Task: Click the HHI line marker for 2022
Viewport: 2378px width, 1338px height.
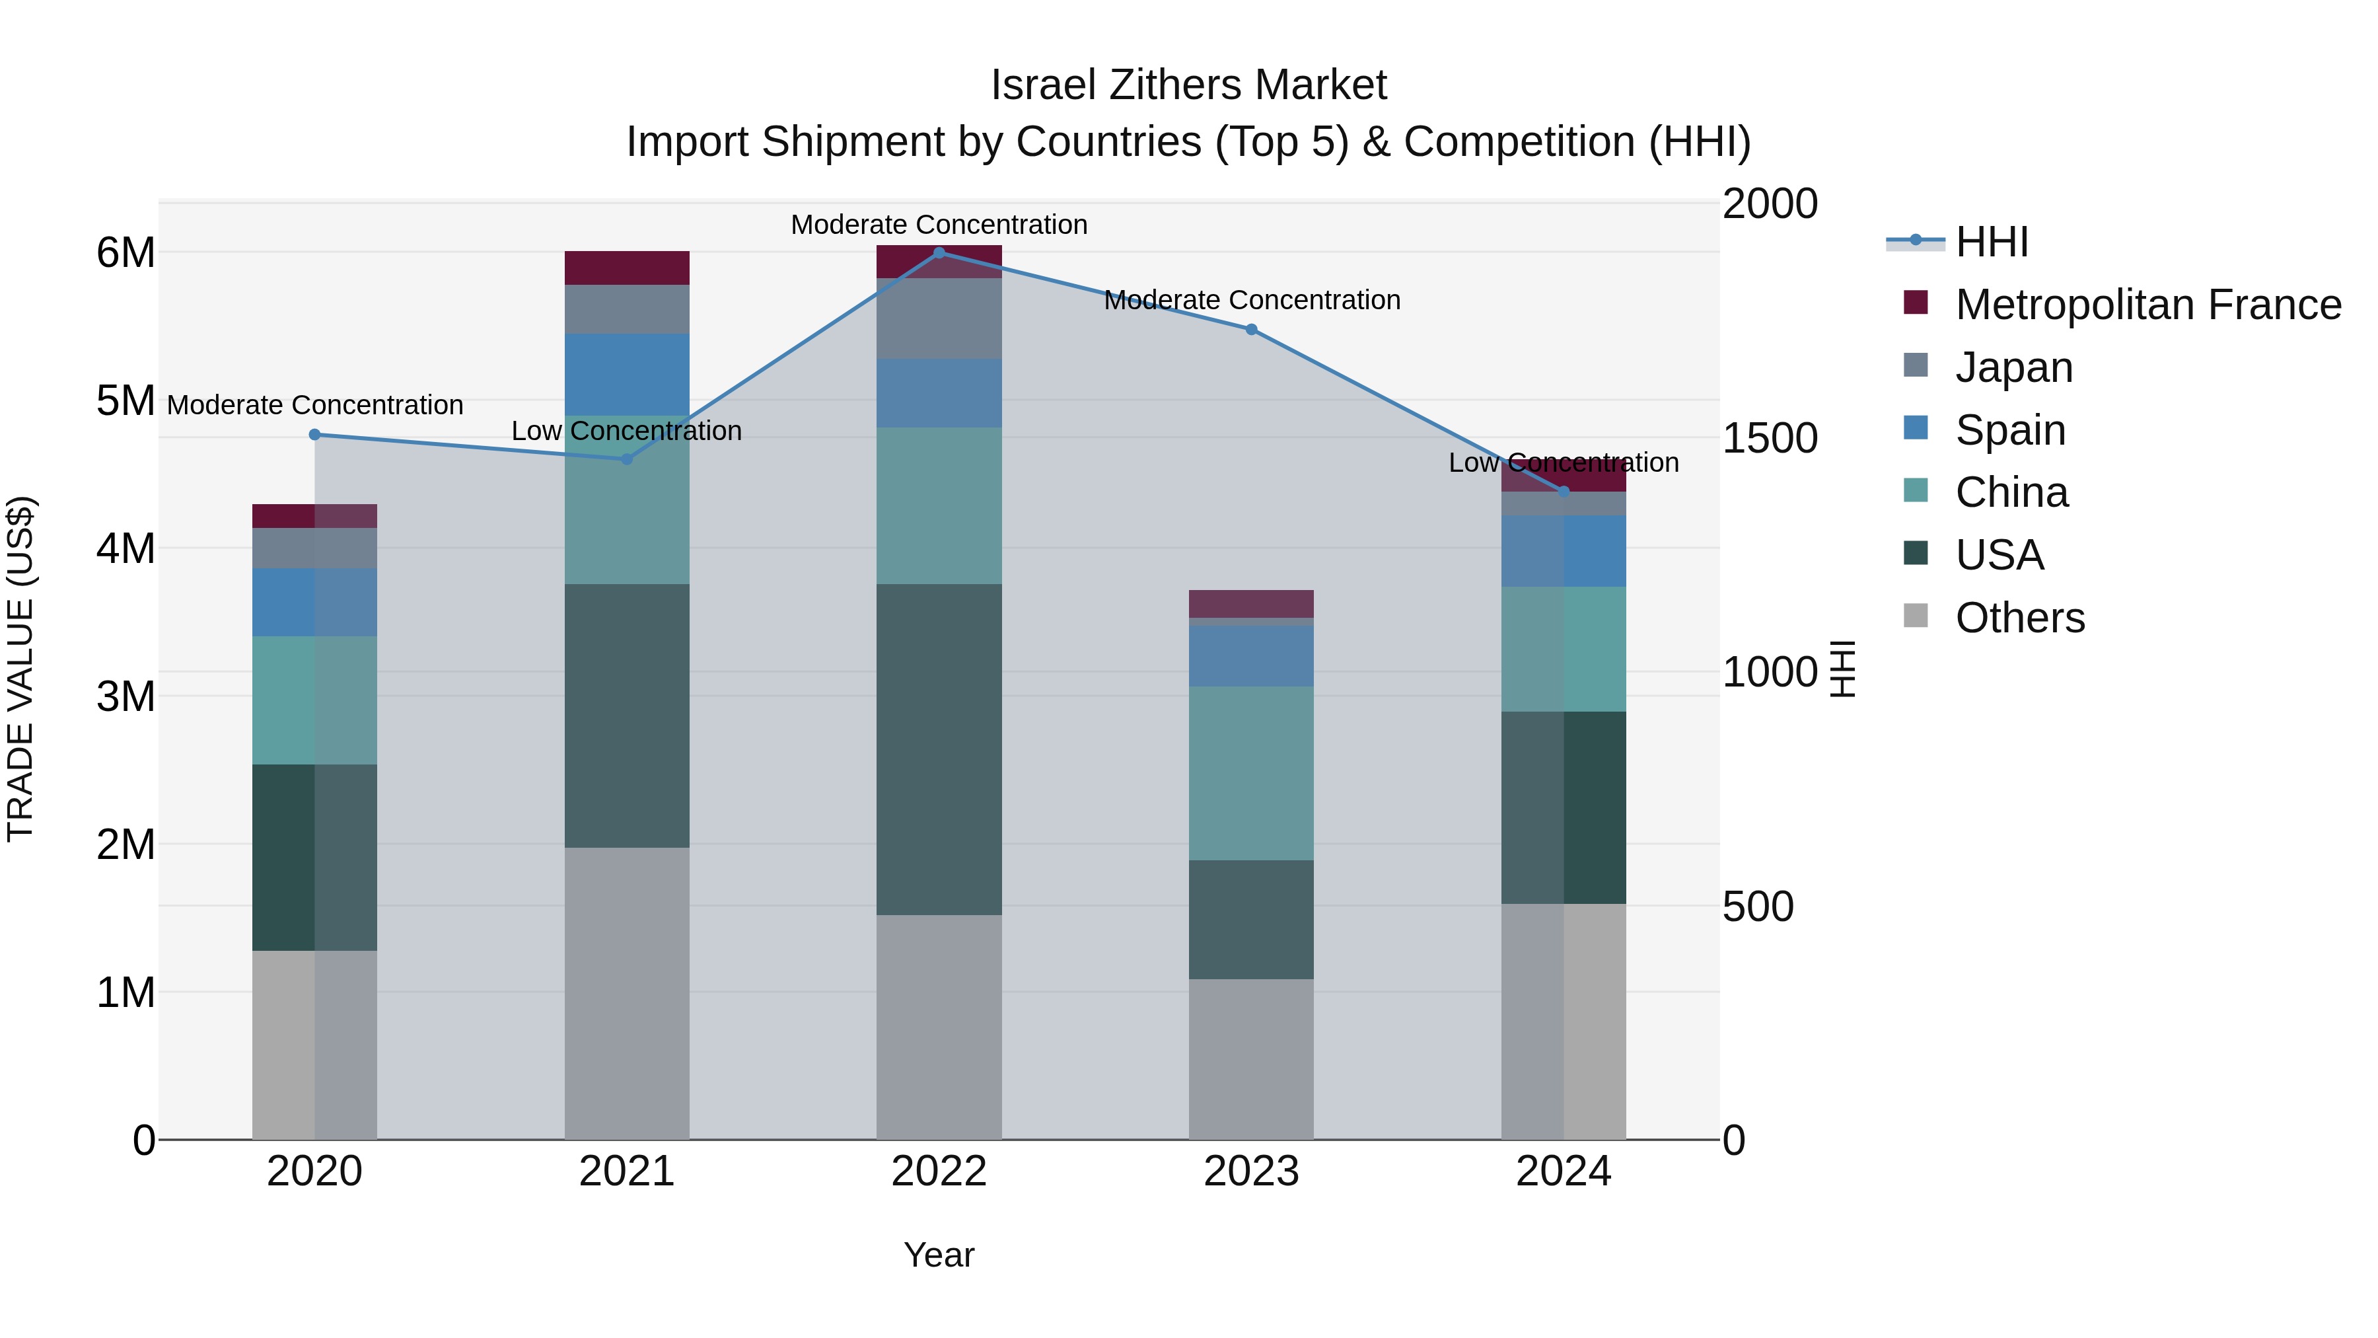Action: (939, 252)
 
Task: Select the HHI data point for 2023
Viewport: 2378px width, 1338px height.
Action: (1251, 330)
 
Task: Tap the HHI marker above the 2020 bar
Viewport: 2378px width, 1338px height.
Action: (315, 434)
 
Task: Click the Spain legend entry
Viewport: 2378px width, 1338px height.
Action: (2009, 430)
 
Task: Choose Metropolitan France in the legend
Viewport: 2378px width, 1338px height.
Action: (2147, 305)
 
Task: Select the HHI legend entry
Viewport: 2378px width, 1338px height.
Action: (1991, 242)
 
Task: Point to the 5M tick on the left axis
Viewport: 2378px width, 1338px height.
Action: (126, 401)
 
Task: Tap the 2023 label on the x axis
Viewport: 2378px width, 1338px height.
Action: (1251, 1171)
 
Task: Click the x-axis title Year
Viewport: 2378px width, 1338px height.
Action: (939, 1255)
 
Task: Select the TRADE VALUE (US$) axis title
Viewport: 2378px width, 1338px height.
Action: (20, 669)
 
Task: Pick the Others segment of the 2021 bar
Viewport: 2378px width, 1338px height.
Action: (627, 992)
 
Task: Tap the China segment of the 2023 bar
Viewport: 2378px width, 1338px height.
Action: (1251, 773)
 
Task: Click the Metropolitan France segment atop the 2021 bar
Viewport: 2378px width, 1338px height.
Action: (627, 268)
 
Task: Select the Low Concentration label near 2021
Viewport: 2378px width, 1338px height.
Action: (627, 431)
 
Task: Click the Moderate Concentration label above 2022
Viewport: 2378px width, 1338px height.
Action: (939, 225)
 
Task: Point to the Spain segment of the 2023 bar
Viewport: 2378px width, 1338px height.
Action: (1251, 655)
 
